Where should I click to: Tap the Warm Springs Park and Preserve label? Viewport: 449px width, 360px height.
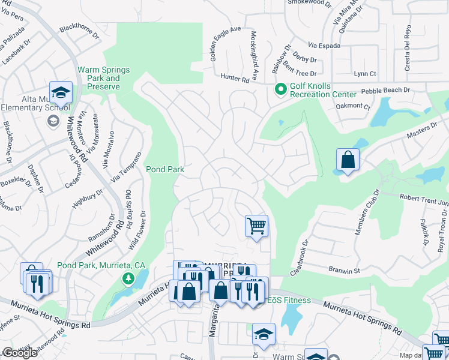coord(98,78)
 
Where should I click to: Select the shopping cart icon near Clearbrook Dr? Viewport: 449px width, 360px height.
coord(256,226)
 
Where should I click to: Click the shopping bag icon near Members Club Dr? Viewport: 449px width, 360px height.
coord(348,160)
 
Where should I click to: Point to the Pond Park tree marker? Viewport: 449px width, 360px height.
coord(128,278)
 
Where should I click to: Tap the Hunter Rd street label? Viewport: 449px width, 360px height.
coord(235,78)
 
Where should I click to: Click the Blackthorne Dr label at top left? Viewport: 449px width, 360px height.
coord(79,31)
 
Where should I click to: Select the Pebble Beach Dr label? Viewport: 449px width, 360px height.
coord(385,90)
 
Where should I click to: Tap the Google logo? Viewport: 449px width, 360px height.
coord(20,353)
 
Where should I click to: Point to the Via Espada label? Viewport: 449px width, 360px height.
coord(324,46)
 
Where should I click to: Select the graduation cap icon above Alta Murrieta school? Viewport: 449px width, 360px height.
coord(60,92)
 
